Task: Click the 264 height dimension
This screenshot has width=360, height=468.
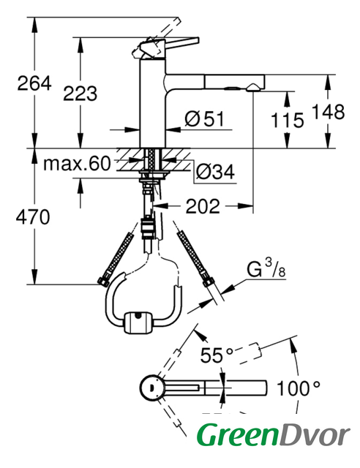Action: (x=34, y=83)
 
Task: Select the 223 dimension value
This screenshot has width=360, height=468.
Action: (x=80, y=94)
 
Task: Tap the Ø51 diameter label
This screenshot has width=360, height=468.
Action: (x=204, y=119)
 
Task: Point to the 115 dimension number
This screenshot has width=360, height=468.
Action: (x=287, y=121)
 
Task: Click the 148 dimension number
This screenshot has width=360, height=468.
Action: (x=328, y=112)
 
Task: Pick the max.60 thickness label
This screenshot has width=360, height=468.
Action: (x=77, y=164)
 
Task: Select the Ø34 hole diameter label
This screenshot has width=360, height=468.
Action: (x=215, y=173)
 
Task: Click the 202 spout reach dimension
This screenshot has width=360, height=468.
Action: (x=203, y=206)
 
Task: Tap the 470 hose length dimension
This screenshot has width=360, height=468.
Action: (x=33, y=217)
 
